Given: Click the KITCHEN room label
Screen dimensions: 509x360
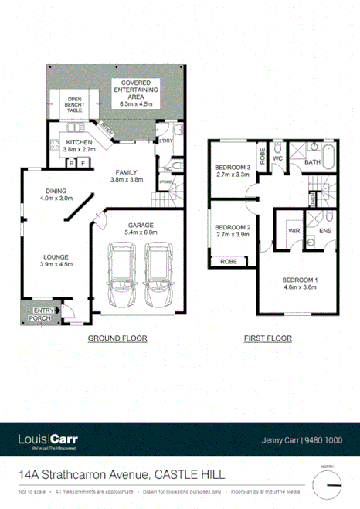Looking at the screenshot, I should (79, 143).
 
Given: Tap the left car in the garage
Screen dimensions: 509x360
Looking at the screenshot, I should (121, 276).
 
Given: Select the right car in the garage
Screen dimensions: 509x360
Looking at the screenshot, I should (159, 276).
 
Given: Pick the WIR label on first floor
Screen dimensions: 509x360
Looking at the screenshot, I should (294, 230).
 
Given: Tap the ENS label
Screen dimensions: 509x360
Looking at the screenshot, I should (326, 230).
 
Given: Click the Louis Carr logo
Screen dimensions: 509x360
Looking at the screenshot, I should (47, 439).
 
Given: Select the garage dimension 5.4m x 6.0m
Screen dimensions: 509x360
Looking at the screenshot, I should (141, 232).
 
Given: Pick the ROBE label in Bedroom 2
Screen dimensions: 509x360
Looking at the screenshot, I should (229, 263).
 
